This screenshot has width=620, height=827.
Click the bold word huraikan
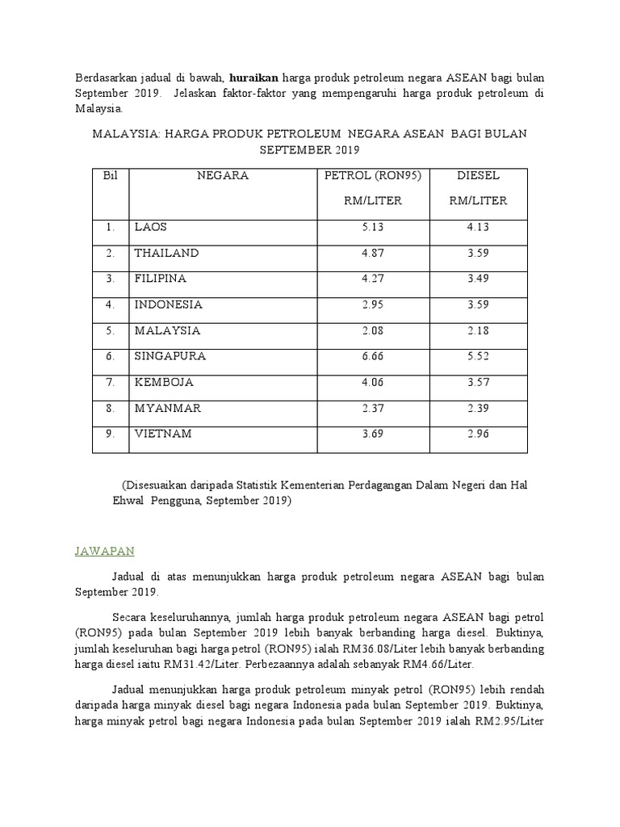click(253, 78)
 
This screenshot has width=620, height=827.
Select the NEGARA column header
click(223, 175)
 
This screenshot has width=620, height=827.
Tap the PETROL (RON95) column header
click(372, 175)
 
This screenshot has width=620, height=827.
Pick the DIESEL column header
click(479, 175)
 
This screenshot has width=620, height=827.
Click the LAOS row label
click(151, 227)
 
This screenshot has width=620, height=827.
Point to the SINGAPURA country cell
click(170, 356)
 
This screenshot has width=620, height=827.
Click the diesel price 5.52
click(479, 356)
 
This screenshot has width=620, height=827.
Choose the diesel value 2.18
click(479, 330)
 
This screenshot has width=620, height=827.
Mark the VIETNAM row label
click(163, 434)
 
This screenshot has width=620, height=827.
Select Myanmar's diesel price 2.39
click(479, 408)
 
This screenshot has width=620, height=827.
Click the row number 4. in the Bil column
click(110, 304)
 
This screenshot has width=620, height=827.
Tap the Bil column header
click(110, 175)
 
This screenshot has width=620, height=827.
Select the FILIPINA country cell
click(161, 279)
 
